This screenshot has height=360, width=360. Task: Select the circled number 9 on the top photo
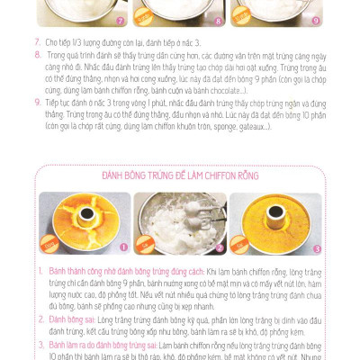314,19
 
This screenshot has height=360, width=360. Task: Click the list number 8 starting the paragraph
39,54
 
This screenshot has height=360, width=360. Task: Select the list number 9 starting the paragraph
39,102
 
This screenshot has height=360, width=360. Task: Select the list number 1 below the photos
40,270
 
